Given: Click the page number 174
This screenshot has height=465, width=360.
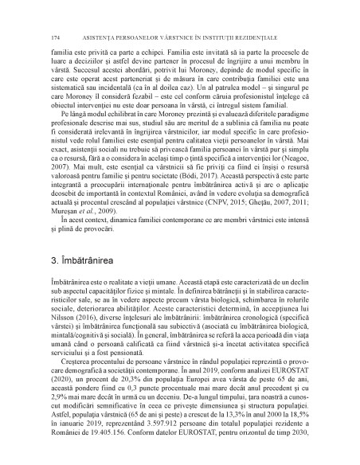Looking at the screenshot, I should pos(54,37).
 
